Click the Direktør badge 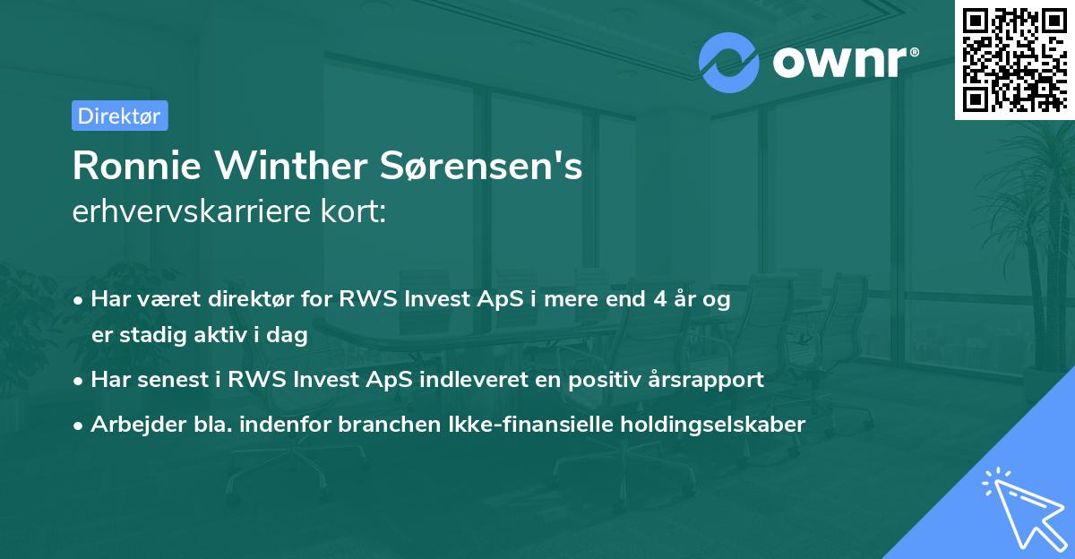(x=119, y=116)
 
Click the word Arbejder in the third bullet (x=131, y=424)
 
